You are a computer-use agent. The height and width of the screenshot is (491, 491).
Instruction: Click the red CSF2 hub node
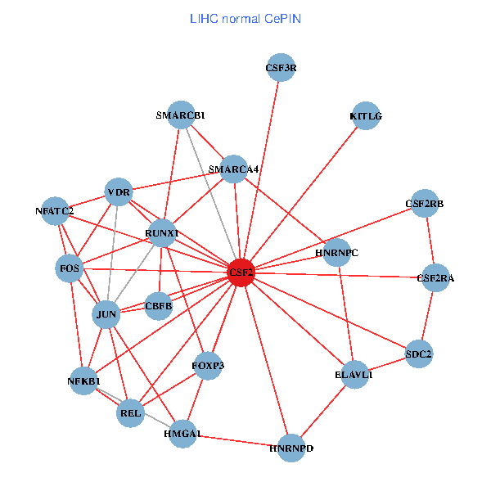click(x=241, y=272)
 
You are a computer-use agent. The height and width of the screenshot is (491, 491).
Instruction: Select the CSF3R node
click(x=281, y=68)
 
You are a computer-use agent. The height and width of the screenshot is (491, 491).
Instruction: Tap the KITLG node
click(x=365, y=115)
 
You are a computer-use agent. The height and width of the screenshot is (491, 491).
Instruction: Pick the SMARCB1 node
click(x=180, y=115)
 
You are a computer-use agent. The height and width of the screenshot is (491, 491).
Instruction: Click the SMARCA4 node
click(x=234, y=169)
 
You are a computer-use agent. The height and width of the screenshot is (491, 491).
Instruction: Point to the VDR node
click(x=119, y=192)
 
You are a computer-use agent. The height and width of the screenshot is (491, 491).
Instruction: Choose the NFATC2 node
click(x=55, y=210)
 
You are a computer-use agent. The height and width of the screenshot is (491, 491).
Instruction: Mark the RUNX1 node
click(x=161, y=233)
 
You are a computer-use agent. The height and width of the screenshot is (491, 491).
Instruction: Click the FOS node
click(x=69, y=268)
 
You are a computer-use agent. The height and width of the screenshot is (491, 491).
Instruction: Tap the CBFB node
click(x=159, y=306)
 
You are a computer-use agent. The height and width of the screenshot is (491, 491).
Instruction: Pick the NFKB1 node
click(x=83, y=381)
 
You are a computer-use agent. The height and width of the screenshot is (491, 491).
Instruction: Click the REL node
click(x=130, y=413)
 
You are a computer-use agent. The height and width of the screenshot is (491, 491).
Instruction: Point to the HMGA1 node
click(x=182, y=434)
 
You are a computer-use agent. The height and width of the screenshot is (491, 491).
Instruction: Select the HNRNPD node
click(x=291, y=448)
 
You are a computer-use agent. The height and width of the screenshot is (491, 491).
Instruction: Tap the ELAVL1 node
click(x=354, y=374)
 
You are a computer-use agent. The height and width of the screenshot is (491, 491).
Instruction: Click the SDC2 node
click(x=418, y=354)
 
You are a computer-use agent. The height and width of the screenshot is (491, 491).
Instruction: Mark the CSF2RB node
click(x=424, y=202)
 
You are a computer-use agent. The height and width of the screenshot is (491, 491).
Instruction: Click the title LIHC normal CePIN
click(x=245, y=18)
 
